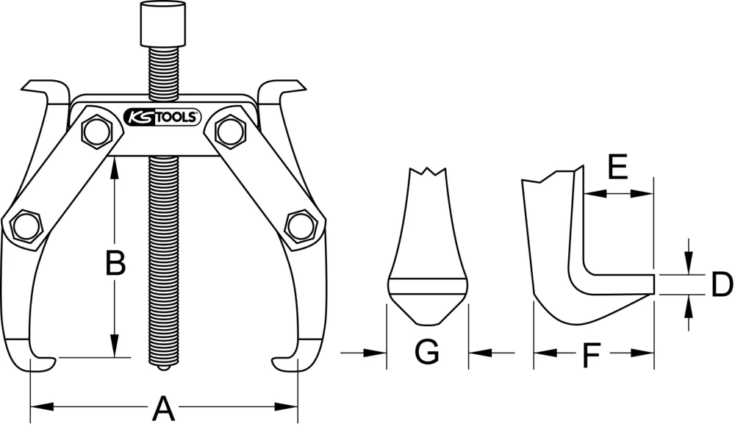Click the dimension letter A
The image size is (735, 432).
tap(162, 408)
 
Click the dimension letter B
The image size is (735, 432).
tap(115, 263)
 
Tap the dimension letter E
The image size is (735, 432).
tap(617, 169)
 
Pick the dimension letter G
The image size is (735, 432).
tap(426, 353)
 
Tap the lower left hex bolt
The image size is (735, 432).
tap(26, 226)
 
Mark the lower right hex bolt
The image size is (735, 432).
tap(300, 226)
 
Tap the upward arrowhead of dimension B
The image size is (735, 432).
tap(115, 170)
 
